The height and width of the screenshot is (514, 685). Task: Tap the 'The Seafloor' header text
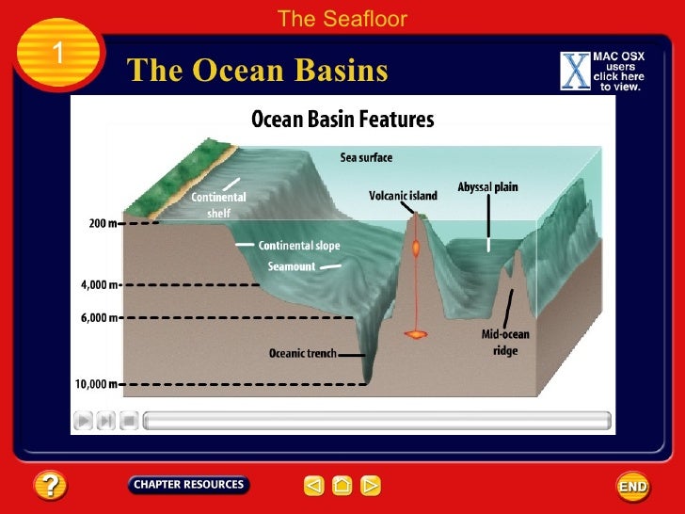pos(342,18)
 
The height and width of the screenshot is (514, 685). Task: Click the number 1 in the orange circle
pos(57,55)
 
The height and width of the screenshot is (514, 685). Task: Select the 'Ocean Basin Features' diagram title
pos(342,120)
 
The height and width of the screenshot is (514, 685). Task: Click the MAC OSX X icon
pos(574,72)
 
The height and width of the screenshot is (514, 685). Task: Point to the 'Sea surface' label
pos(366,157)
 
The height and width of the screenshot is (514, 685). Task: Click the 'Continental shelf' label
pos(218,205)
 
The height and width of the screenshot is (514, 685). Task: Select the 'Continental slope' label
pos(301,246)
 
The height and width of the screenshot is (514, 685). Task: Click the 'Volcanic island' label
pos(404,196)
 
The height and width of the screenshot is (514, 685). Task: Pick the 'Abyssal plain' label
pos(487,187)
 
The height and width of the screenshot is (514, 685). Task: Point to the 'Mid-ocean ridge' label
pos(506,343)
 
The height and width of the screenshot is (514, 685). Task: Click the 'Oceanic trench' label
pos(303,355)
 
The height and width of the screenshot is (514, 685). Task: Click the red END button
pos(632,486)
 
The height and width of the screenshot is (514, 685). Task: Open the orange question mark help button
pos(50,486)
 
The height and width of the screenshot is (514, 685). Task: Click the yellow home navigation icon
pos(342,486)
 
